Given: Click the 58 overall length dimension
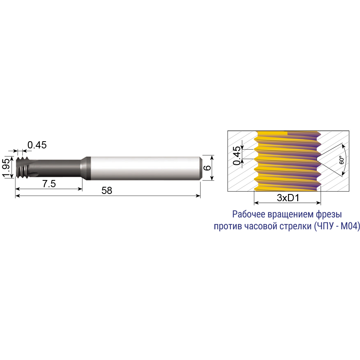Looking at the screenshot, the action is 107,190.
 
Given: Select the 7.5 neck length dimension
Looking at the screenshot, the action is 49,184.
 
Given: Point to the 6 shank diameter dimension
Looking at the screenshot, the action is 207,168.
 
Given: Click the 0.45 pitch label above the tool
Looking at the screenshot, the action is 37,145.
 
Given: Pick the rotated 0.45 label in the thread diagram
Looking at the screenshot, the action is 237,156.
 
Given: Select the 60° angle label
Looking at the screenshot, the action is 342,160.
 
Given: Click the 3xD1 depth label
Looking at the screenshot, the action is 288,198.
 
